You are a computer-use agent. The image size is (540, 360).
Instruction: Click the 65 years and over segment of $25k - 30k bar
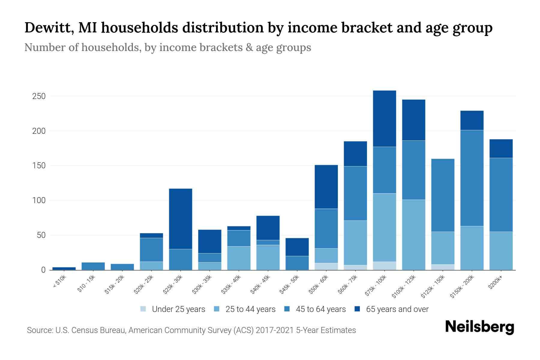(181, 219)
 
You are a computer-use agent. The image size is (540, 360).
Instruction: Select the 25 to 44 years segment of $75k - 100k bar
(384, 227)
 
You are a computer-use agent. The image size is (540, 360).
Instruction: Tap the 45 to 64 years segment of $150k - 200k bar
(472, 178)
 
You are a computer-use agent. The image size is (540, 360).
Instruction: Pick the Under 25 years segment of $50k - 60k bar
(326, 266)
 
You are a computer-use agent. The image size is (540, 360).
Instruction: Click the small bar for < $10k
(64, 268)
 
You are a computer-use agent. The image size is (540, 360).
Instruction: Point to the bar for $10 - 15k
(93, 266)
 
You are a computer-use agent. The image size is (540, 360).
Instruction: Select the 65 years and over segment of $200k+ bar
(501, 148)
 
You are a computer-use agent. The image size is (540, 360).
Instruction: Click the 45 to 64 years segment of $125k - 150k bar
(442, 195)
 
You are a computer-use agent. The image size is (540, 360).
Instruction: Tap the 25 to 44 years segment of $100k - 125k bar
(413, 235)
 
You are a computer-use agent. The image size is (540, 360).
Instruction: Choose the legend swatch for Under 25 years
(143, 309)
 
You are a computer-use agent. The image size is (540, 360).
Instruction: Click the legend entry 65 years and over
(397, 309)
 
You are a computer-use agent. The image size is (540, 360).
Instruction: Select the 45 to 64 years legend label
(320, 309)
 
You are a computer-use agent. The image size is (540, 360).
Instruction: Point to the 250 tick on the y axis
(39, 96)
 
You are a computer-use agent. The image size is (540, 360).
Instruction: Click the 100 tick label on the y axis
(39, 200)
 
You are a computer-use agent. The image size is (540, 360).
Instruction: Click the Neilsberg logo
(479, 327)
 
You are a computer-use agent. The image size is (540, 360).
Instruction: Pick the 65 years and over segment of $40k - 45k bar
(268, 228)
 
